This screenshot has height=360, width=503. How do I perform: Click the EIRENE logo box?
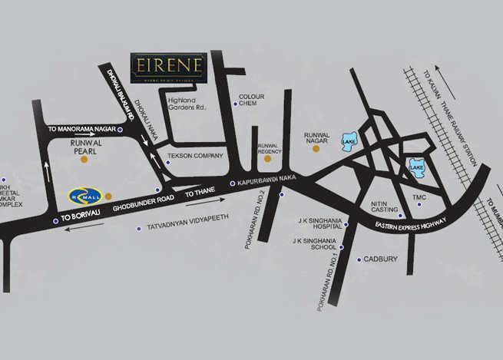(168, 68)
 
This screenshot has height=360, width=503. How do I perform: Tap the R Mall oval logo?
(85, 195)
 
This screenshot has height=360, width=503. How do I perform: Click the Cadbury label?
(381, 259)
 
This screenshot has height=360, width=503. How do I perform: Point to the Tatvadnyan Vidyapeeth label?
(183, 228)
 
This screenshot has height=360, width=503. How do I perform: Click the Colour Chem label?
(251, 101)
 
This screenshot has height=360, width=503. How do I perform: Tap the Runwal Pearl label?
(93, 147)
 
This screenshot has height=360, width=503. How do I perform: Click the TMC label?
(419, 197)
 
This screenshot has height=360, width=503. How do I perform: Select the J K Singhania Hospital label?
(319, 224)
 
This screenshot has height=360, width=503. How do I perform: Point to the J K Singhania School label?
(316, 245)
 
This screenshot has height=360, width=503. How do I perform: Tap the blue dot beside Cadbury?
(359, 259)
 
